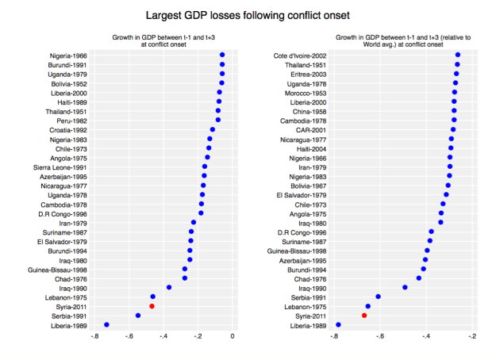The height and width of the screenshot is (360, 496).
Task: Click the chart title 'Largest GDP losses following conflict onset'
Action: click(x=248, y=15)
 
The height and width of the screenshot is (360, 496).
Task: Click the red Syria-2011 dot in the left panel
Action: click(x=152, y=306)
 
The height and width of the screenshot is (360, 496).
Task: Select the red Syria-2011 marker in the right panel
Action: click(x=364, y=316)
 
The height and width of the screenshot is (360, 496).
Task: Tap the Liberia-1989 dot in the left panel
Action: click(x=107, y=325)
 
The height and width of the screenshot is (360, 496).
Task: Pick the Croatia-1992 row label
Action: click(x=68, y=129)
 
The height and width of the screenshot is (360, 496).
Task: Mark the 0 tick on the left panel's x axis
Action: click(x=233, y=336)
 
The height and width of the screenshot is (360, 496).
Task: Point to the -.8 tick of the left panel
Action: click(x=95, y=336)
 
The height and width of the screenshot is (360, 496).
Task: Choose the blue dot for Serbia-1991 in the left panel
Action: click(x=138, y=316)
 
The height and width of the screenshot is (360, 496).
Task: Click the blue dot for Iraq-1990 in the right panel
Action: click(x=405, y=288)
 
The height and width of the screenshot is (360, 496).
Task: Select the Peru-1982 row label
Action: click(x=71, y=121)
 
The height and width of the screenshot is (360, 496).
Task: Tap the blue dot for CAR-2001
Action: click(x=453, y=129)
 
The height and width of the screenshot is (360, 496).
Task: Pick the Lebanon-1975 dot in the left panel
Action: click(x=153, y=297)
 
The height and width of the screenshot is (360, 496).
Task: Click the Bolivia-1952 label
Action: click(x=69, y=83)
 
